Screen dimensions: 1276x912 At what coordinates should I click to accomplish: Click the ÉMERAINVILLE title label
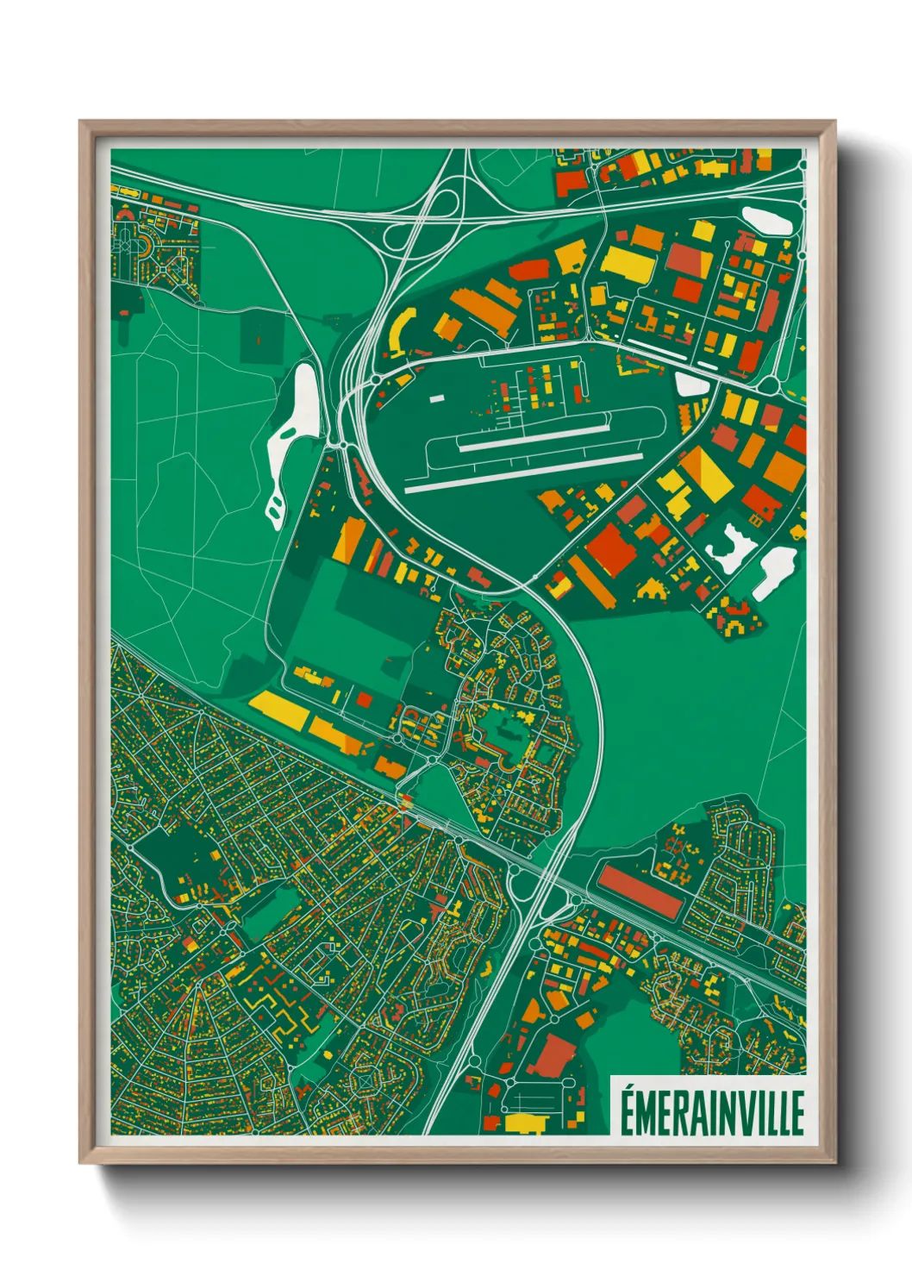coord(711,1112)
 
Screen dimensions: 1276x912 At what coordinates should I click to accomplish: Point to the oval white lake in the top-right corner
coord(766,220)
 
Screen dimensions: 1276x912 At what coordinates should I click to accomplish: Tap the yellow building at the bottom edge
coord(525,1123)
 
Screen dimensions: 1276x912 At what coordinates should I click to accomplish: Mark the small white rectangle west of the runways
coord(437,398)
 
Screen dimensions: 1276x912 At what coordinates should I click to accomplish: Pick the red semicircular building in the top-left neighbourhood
coord(128,212)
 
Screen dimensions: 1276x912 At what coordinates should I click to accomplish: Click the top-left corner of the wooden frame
coord(83,124)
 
